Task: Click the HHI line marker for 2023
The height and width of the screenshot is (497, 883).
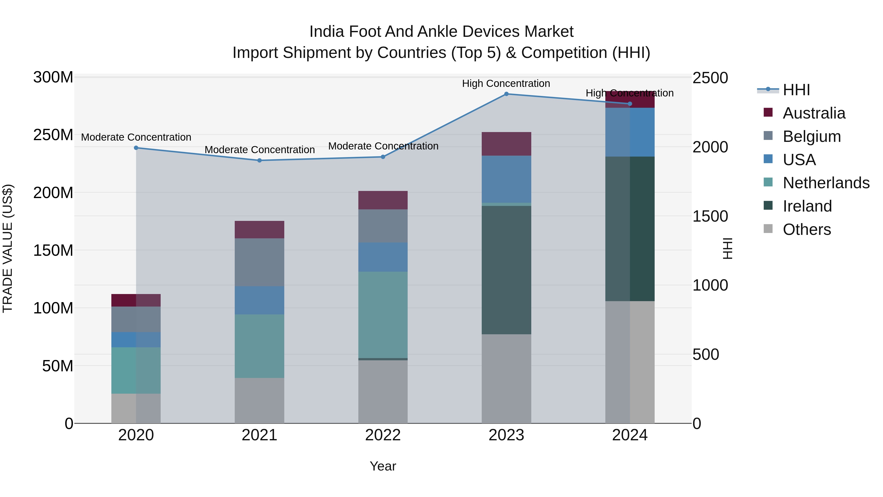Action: (x=506, y=94)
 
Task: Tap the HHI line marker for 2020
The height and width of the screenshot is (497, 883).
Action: (x=136, y=148)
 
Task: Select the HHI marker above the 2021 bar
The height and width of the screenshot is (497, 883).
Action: (x=260, y=161)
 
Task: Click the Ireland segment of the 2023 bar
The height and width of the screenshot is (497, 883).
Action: (x=506, y=270)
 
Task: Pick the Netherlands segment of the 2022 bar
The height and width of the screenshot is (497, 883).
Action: (x=383, y=315)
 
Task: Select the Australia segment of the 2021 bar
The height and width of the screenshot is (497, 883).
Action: (x=260, y=229)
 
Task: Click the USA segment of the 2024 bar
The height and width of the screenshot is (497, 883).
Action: (x=630, y=132)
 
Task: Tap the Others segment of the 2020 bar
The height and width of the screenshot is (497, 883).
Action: (x=136, y=408)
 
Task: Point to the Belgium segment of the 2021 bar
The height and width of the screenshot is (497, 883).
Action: (x=260, y=262)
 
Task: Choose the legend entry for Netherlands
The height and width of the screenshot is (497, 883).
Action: (x=826, y=183)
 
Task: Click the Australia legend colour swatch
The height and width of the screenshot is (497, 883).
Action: (x=768, y=112)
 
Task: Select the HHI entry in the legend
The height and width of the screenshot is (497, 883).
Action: (x=796, y=90)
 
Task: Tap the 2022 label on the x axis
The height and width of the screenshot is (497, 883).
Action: (x=383, y=435)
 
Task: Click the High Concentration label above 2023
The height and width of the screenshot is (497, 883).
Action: (x=506, y=83)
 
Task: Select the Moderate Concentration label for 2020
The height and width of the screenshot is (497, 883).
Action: (x=136, y=137)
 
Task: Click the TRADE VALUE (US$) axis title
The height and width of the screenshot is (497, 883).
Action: (x=8, y=248)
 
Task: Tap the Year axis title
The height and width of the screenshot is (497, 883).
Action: (x=383, y=466)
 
